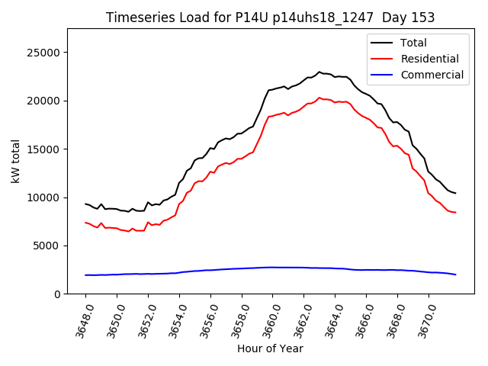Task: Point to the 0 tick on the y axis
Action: pos(58,294)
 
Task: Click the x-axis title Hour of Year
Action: pos(270,349)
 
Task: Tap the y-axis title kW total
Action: pos(15,161)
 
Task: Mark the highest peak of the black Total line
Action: pos(319,72)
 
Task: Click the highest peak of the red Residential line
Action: pos(319,98)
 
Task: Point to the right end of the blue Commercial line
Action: pos(455,274)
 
